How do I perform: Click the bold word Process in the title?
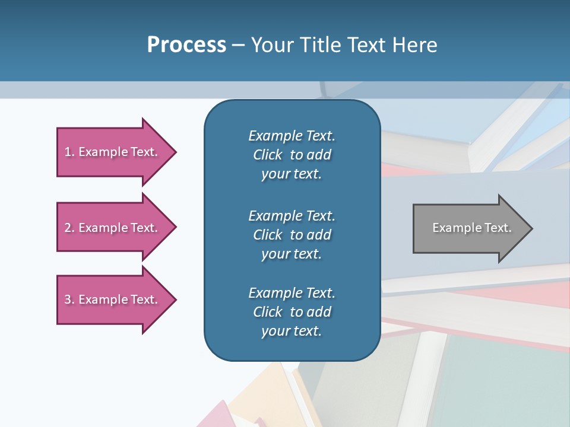186,45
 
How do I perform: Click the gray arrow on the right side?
469,228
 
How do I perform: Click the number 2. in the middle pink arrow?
69,228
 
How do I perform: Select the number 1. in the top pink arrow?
69,152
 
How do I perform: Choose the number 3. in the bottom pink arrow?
69,299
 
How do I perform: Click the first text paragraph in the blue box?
292,155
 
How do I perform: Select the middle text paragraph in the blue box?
292,235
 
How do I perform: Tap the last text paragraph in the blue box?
292,312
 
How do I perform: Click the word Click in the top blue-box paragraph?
267,155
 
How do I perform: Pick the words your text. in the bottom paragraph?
292,331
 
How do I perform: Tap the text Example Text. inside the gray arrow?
471,228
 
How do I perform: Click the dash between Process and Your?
238,46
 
